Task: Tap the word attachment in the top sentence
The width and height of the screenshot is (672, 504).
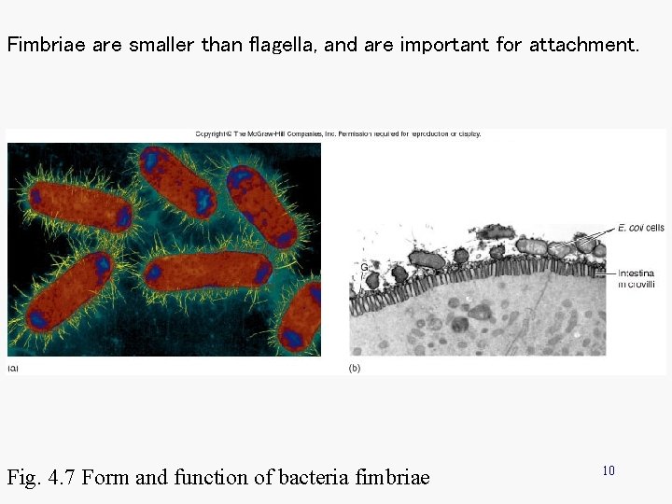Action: pyautogui.click(x=584, y=44)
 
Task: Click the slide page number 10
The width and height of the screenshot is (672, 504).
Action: pyautogui.click(x=608, y=470)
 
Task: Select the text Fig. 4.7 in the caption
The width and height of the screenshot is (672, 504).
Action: pyautogui.click(x=42, y=478)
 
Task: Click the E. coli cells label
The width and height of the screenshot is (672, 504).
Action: pyautogui.click(x=640, y=227)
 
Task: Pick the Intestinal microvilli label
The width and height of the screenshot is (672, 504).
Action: pyautogui.click(x=642, y=278)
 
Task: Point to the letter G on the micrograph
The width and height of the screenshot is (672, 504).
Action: pyautogui.click(x=363, y=268)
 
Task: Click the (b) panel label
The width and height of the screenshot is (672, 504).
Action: pyautogui.click(x=355, y=369)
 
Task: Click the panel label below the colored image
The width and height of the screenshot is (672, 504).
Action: pyautogui.click(x=13, y=369)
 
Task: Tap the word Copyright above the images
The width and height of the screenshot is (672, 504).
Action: pyautogui.click(x=213, y=133)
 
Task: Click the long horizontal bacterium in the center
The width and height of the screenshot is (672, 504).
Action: pyautogui.click(x=207, y=271)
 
